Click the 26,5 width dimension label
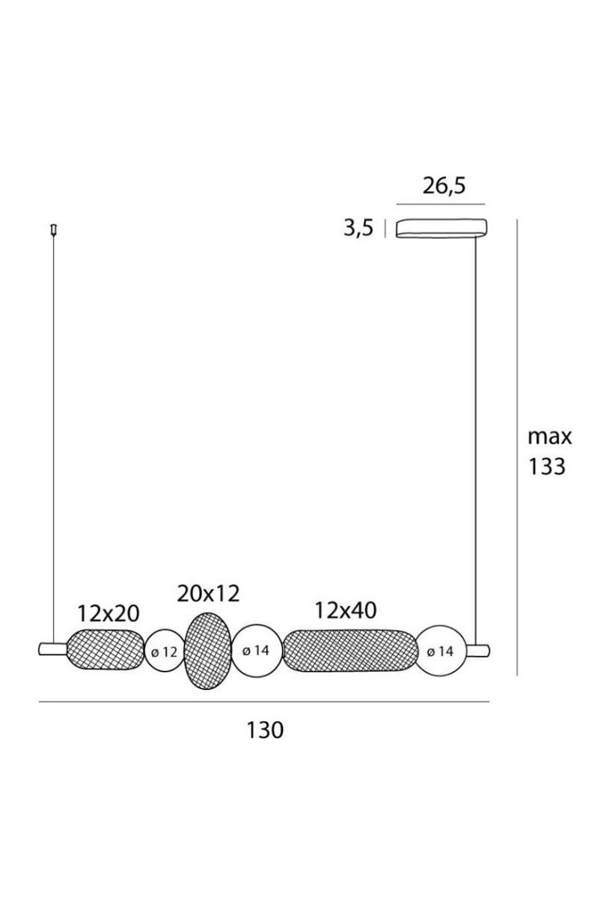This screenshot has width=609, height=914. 444,187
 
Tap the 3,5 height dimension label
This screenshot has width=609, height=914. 358,228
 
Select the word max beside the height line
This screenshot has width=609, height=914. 549,436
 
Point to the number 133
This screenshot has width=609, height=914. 547,466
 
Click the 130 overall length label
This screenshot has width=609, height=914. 265,730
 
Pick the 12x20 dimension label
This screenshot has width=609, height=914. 108,613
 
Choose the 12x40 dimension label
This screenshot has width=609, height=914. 346,611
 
